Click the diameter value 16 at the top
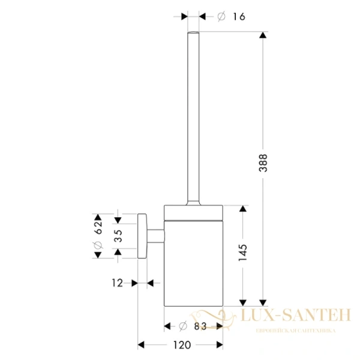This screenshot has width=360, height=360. (239, 17)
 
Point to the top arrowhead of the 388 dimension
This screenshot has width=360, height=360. (262, 36)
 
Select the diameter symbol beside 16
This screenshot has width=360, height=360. (220, 17)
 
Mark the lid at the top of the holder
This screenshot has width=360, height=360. (194, 208)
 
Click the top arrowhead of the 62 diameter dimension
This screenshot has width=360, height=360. (97, 217)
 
